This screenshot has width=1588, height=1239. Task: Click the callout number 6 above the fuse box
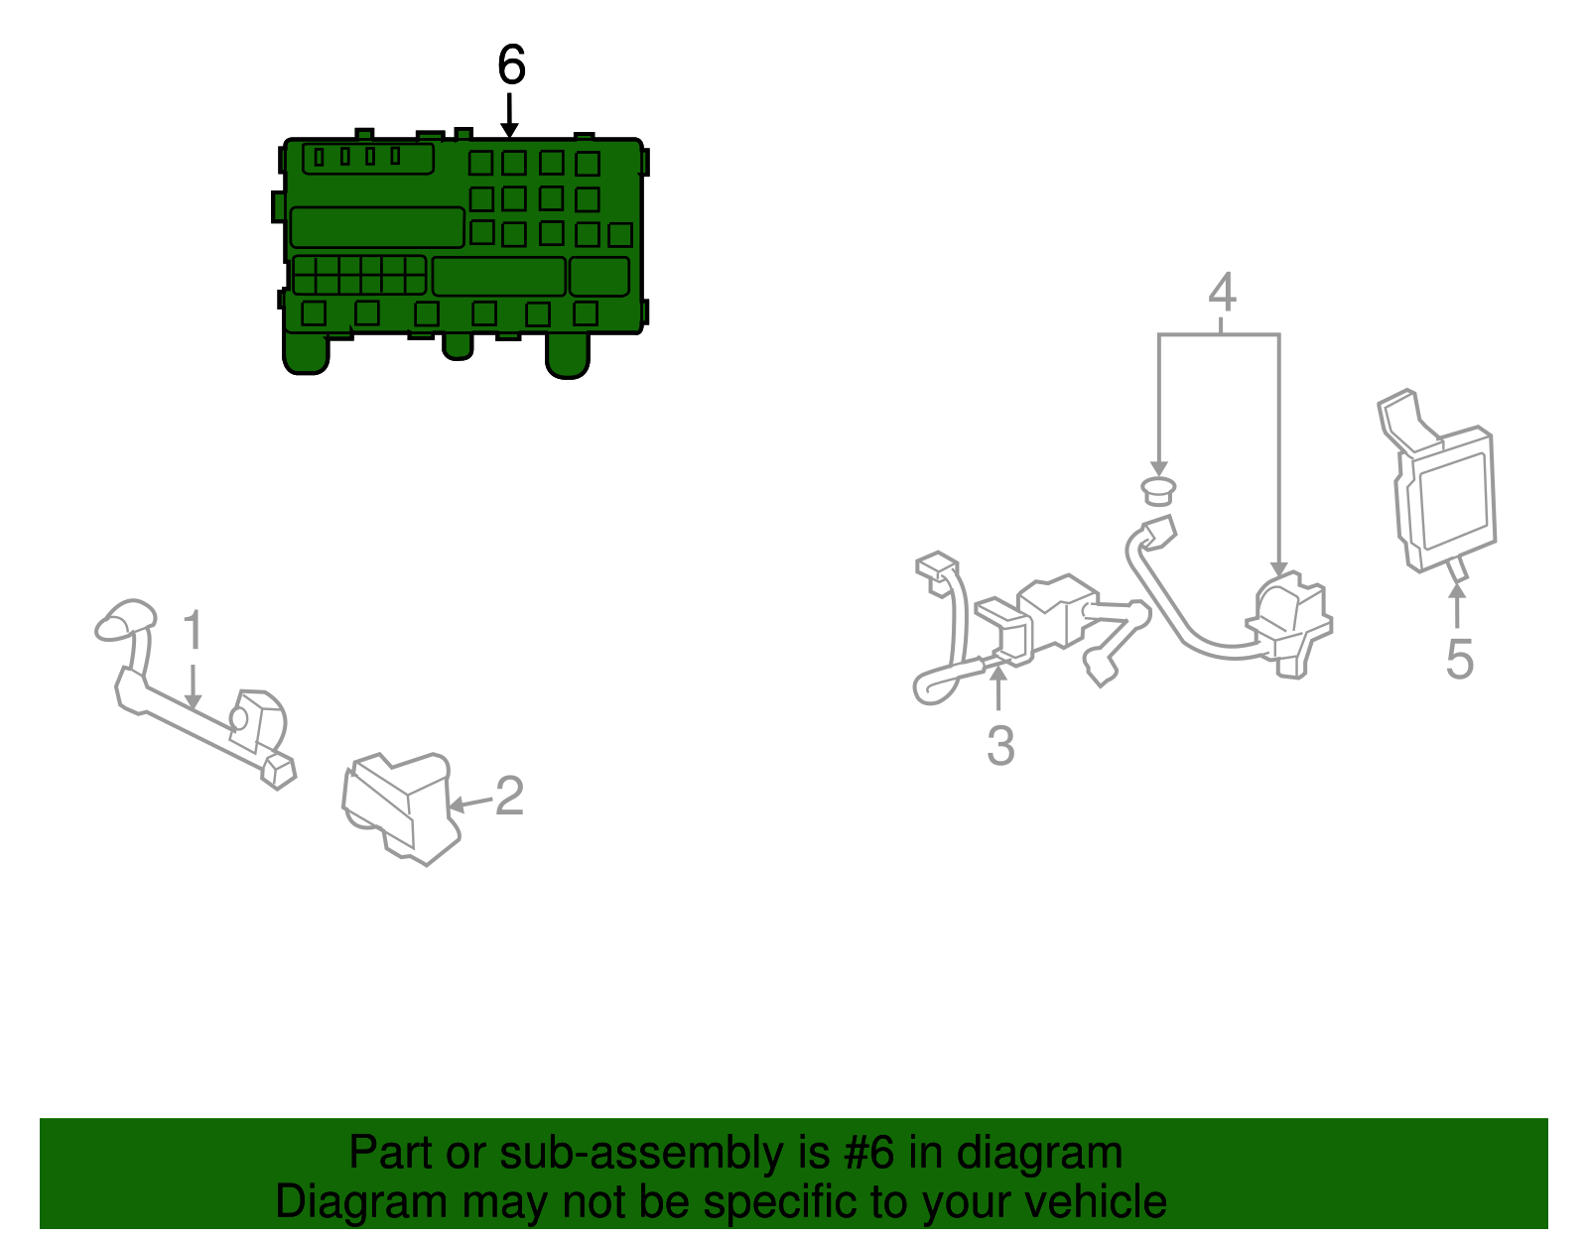point(511,64)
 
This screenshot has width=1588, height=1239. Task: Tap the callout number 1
point(193,629)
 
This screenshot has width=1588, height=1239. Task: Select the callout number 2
point(509,796)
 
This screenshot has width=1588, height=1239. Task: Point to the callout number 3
point(1000,745)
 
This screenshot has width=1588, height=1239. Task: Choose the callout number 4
point(1222,291)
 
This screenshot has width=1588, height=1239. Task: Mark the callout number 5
point(1459,660)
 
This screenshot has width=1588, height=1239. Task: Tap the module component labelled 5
point(1437,486)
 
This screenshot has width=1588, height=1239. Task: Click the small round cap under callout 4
point(1158,490)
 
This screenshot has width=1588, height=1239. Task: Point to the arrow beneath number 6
point(509,115)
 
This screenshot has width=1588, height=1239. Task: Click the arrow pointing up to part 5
point(1456,605)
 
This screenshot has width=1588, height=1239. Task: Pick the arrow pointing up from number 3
point(998,686)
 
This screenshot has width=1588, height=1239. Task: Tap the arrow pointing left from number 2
point(469,804)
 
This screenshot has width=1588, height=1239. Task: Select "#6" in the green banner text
point(868,1152)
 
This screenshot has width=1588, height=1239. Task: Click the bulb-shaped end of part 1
point(125,620)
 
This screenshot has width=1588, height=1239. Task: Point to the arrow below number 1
point(193,687)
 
